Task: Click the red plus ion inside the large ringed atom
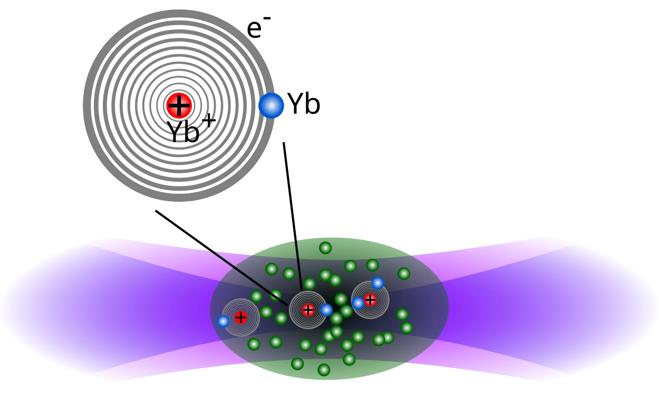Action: click(179, 105)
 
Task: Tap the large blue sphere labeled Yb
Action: click(272, 105)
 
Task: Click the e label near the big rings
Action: click(255, 30)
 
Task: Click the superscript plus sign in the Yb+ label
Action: click(209, 121)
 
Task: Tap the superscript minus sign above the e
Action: click(267, 18)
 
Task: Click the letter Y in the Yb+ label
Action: click(176, 132)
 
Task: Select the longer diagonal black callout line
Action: click(221, 258)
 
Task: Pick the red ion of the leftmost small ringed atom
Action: click(240, 318)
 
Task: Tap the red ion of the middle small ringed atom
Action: click(308, 310)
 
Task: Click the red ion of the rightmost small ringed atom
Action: click(370, 300)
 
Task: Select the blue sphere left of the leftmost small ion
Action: click(223, 321)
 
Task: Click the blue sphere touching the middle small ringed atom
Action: click(326, 310)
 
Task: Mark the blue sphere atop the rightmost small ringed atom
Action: click(378, 283)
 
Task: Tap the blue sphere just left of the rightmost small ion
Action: click(358, 303)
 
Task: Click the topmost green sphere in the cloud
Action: click(325, 248)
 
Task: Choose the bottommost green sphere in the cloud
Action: click(324, 370)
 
